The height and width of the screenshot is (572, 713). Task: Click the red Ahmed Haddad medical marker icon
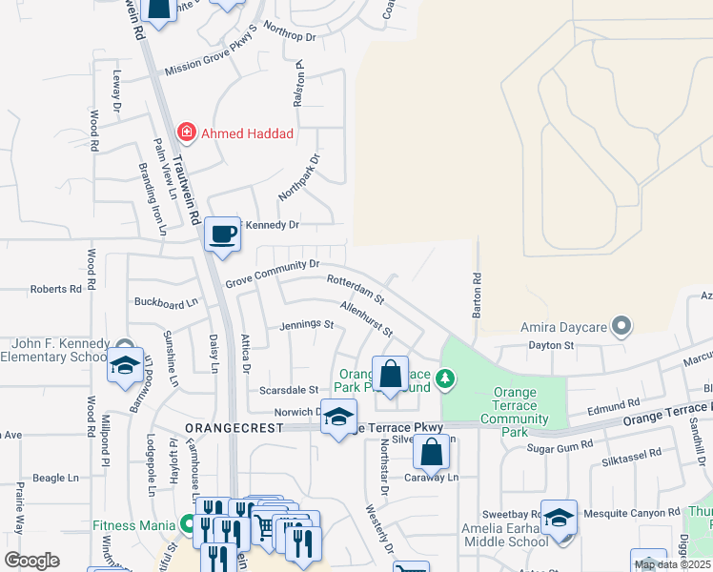pyautogui.click(x=186, y=133)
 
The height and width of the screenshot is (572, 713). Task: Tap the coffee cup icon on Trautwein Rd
pyautogui.click(x=223, y=233)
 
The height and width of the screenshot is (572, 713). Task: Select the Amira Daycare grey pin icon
pyautogui.click(x=621, y=327)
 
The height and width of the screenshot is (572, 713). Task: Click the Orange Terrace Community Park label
pyautogui.click(x=515, y=412)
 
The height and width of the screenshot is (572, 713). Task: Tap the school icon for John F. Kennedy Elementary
pyautogui.click(x=125, y=364)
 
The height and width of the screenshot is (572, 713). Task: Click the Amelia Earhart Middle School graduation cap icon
pyautogui.click(x=560, y=519)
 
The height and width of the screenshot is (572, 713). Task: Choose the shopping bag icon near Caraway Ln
pyautogui.click(x=432, y=452)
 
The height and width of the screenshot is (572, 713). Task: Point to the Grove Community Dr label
pyautogui.click(x=272, y=275)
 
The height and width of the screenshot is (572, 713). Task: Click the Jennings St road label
pyautogui.click(x=306, y=325)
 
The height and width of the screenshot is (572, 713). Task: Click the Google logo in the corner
pyautogui.click(x=31, y=561)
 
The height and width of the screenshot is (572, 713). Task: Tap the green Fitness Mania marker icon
pyautogui.click(x=188, y=523)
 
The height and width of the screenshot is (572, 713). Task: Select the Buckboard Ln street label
pyautogui.click(x=166, y=302)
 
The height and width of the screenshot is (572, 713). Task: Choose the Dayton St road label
pyautogui.click(x=552, y=346)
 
